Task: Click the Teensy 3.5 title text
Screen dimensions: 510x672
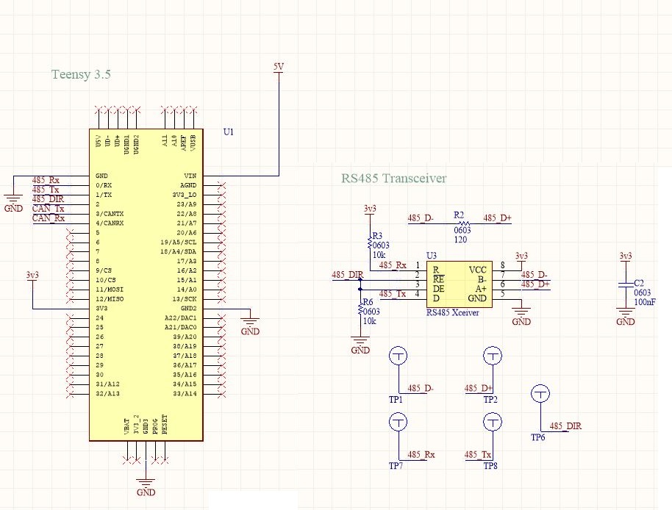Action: [x=81, y=74]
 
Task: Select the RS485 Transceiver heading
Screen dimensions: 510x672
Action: [x=393, y=178]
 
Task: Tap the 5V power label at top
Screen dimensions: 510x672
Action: [x=278, y=67]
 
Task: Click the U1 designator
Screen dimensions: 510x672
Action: [x=228, y=132]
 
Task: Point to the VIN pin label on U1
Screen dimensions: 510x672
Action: [x=190, y=176]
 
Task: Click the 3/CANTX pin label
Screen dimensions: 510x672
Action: [x=110, y=214]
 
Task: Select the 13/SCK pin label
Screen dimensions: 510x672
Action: [x=185, y=299]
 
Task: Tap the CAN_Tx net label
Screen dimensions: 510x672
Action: [x=49, y=209]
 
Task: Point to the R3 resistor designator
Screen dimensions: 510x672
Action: [x=376, y=236]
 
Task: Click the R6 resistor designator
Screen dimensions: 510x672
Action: [x=368, y=302]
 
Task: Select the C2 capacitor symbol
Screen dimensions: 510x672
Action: [x=625, y=283]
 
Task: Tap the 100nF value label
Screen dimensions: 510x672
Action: [x=644, y=302]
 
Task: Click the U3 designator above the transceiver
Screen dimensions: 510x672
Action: [x=430, y=254]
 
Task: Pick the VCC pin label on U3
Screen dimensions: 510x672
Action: [x=477, y=270]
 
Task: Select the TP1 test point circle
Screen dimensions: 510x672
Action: [x=398, y=356]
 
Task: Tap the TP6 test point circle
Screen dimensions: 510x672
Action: [x=540, y=393]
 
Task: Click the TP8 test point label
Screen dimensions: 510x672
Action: [x=490, y=466]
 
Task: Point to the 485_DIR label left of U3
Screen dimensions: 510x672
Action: [x=348, y=275]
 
